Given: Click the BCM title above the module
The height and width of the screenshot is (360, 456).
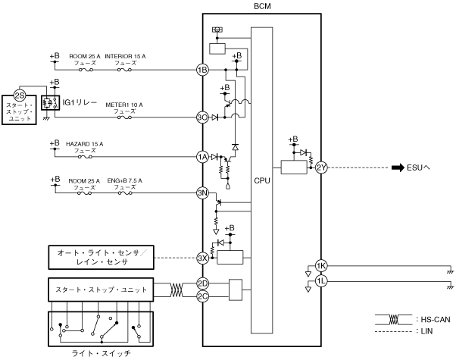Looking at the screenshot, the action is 262,6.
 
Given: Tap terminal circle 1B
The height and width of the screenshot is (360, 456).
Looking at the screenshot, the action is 202,70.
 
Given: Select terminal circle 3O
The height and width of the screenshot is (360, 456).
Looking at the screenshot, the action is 202,117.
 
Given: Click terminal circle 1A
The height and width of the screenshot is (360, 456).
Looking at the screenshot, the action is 202,157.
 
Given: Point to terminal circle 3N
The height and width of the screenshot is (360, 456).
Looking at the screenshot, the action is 202,193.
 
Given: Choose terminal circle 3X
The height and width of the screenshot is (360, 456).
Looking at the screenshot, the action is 202,258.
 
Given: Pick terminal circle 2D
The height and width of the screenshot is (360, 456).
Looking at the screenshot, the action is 202,283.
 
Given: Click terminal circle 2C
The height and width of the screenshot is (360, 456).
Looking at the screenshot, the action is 202,296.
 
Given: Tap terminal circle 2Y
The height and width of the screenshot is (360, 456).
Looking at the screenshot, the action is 321,167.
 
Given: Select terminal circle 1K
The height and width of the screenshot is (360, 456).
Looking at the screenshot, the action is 321,266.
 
